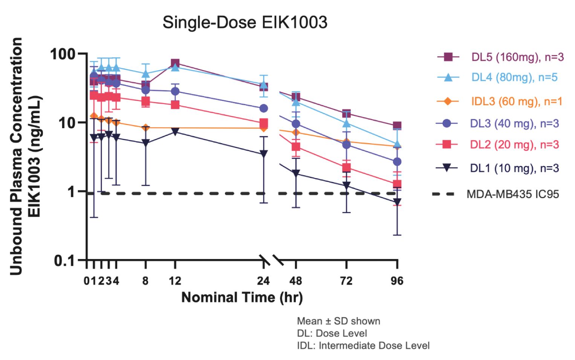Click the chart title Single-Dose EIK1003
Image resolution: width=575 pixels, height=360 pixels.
pos(245,22)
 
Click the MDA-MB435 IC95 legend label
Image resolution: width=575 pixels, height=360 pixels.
pos(512,194)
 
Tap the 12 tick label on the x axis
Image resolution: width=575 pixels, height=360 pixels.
pos(175,281)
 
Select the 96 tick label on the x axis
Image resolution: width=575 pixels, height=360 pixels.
pos(397,281)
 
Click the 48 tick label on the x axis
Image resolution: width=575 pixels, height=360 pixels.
pos(296,281)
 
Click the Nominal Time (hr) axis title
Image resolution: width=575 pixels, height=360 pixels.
pos(242,297)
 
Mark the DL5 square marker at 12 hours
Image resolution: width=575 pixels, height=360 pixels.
pos(175,63)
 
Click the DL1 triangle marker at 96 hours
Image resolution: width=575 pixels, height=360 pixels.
pos(397,202)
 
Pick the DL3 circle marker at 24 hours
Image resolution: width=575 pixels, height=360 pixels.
pos(264,109)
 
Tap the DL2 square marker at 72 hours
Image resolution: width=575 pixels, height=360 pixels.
pos(346,168)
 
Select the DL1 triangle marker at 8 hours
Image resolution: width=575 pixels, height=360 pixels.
pos(145,143)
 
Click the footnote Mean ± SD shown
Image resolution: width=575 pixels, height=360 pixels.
pos(338,321)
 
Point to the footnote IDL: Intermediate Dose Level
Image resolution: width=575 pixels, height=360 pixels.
pos(363,346)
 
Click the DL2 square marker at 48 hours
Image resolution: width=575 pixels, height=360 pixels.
pos(296,147)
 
